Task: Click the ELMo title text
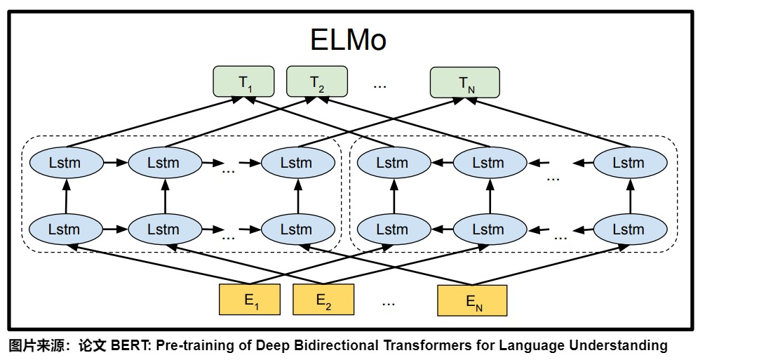[348, 40]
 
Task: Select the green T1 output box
[243, 82]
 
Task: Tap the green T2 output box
[317, 81]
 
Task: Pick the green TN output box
[464, 82]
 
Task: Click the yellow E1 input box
[250, 300]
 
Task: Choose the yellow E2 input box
[323, 300]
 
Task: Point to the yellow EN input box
[471, 300]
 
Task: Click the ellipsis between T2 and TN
[379, 84]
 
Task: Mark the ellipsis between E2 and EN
[389, 302]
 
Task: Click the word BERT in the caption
[126, 345]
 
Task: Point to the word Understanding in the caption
[619, 345]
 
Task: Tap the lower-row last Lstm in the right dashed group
[628, 229]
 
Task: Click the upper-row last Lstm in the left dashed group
[296, 163]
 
